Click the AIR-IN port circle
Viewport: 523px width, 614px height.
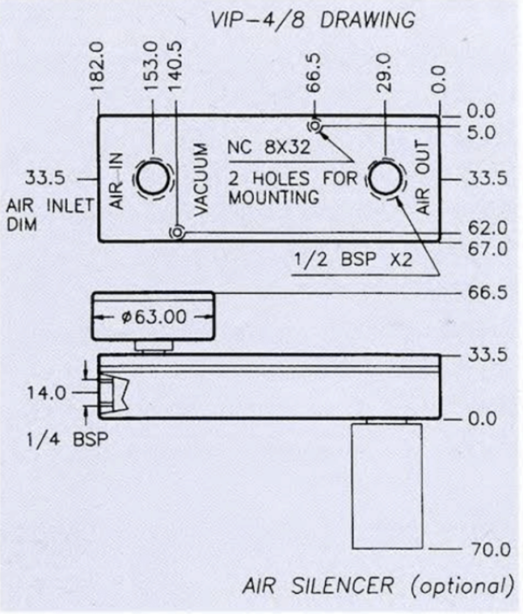click(154, 179)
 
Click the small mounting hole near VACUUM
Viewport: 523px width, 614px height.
click(177, 233)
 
